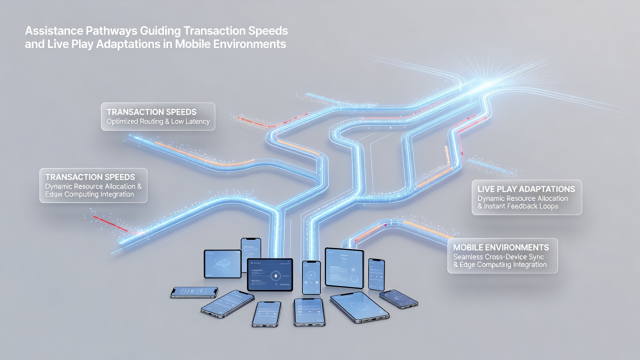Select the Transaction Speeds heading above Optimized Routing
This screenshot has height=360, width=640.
coord(151,112)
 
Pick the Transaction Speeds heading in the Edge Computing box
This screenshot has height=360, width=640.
coord(90,177)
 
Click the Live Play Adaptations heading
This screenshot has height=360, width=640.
coord(526,189)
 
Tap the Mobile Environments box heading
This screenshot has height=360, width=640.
coord(501,247)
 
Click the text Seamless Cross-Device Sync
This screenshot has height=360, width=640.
coord(498,257)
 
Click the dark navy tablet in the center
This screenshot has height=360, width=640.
coord(269,274)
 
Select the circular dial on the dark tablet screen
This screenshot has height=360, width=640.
coord(275,275)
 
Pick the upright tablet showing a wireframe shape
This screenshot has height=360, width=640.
coord(222,263)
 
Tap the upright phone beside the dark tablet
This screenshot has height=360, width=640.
coord(311,277)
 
